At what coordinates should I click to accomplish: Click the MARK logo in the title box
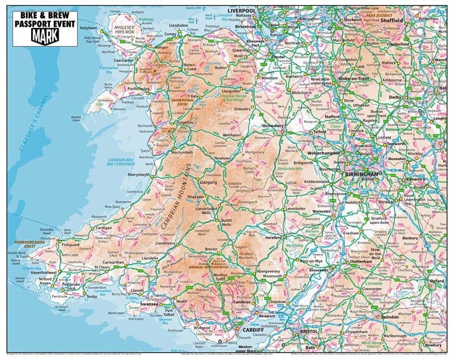click(45, 36)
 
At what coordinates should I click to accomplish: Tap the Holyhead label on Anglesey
click(88, 28)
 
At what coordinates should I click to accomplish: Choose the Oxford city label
click(436, 281)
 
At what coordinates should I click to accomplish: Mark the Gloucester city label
click(323, 270)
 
